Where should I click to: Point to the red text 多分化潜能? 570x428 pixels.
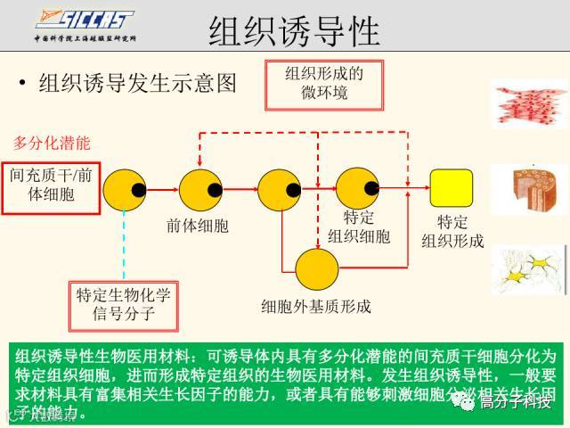51,143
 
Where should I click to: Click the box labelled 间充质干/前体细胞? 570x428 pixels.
50,185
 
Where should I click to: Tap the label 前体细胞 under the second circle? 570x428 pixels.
197,226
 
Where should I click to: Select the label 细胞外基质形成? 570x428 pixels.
316,307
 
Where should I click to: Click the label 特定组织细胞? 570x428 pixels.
358,226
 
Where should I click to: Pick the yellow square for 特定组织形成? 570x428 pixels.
452,188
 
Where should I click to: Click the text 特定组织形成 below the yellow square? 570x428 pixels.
452,232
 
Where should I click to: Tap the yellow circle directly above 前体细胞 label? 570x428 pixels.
200,188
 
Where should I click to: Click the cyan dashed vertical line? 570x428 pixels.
124,245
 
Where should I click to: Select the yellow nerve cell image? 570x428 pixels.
528,270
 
